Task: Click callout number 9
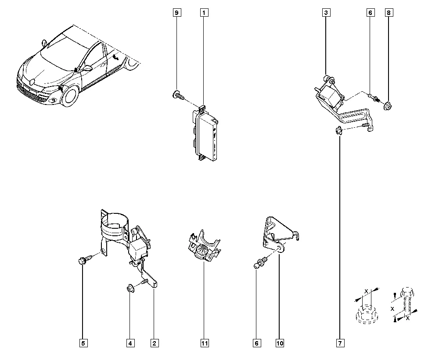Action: tap(176, 13)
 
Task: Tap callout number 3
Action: tap(326, 13)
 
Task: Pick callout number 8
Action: tap(389, 13)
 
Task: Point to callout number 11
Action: tap(204, 343)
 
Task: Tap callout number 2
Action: tap(154, 343)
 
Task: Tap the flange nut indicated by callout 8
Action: tap(389, 105)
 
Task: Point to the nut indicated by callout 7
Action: tap(339, 130)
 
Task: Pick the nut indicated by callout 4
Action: tap(130, 288)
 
